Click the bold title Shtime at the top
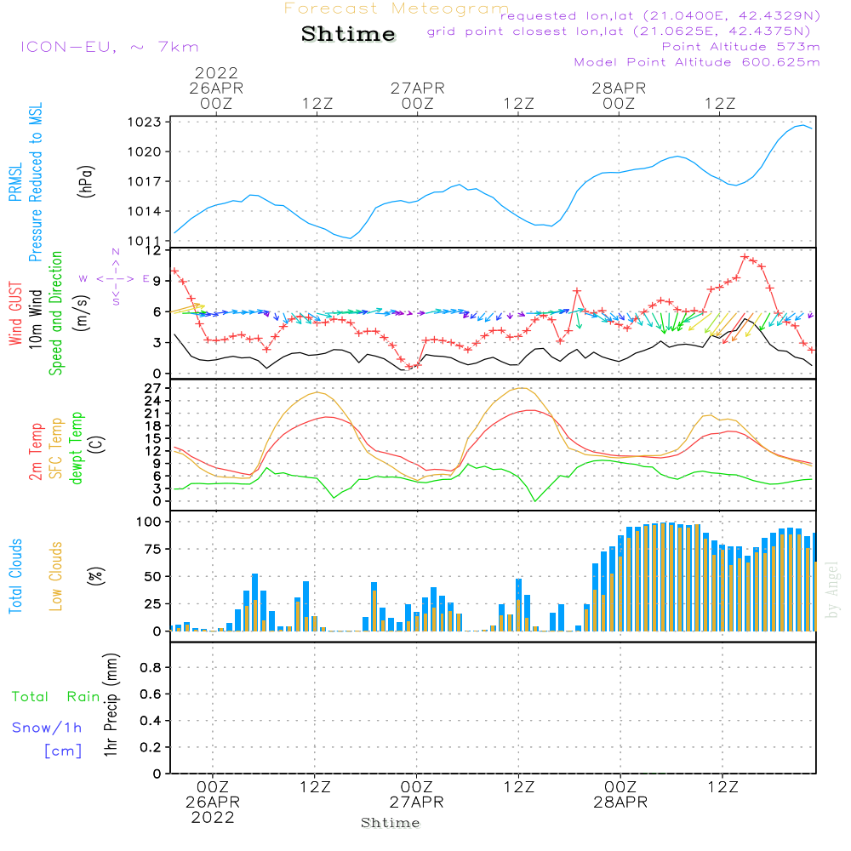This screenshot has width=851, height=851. (x=348, y=34)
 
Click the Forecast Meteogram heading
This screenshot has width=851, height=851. (x=397, y=9)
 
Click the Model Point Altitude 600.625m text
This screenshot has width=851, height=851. (x=697, y=62)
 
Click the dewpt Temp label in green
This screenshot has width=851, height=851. (x=77, y=448)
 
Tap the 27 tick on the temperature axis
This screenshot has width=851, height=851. (x=154, y=388)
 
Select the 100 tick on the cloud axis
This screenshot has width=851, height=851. (x=150, y=521)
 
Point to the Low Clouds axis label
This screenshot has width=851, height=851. (x=56, y=576)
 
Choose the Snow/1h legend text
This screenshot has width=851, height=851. (x=47, y=728)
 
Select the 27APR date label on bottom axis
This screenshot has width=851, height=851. (x=417, y=802)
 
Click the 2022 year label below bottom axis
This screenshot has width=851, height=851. (x=213, y=818)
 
